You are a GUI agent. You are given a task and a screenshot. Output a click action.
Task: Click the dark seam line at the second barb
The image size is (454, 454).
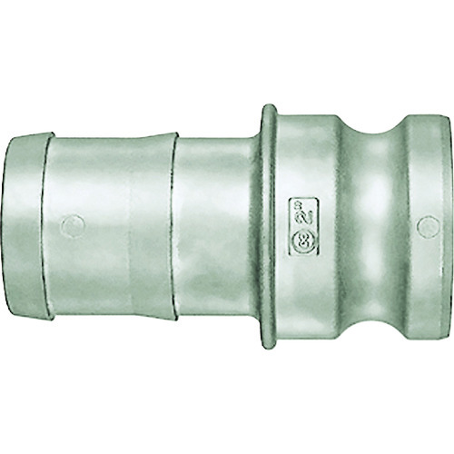click(x=173, y=226)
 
